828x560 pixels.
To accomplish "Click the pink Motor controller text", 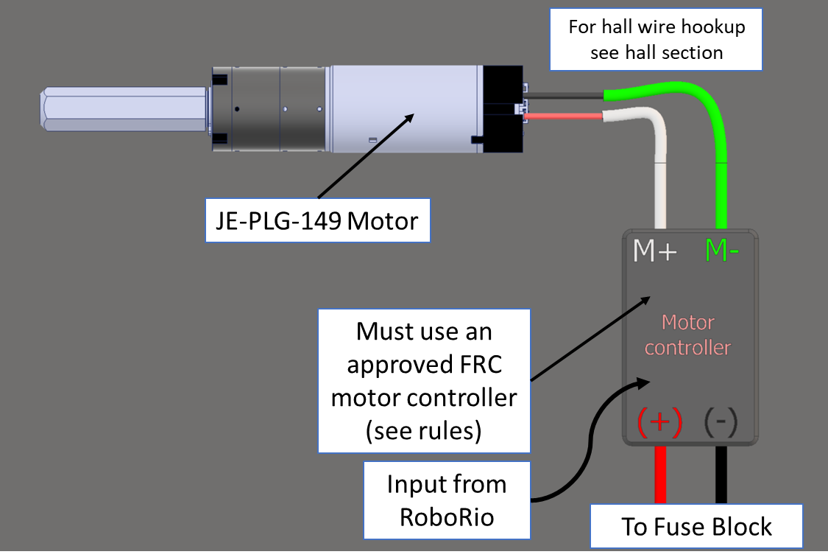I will coord(687,335).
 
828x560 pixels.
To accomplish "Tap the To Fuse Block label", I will coord(696,526).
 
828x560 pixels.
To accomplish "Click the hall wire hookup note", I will coord(656,40).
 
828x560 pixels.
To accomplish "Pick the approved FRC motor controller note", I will coord(424,380).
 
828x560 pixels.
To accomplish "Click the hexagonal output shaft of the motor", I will coord(122,110).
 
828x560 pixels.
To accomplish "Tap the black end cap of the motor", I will coord(503,109).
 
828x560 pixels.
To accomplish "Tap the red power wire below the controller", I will coord(660,475).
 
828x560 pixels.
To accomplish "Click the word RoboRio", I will coord(447,517).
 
